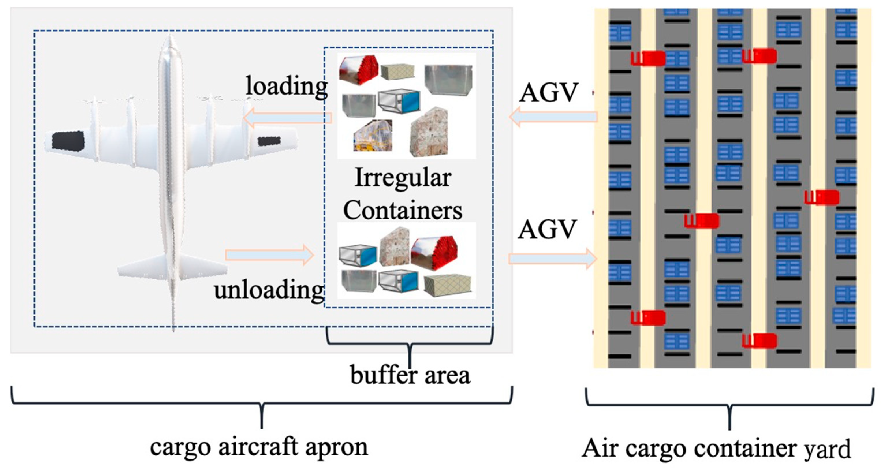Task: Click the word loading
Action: pyautogui.click(x=287, y=86)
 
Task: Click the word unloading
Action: pyautogui.click(x=269, y=290)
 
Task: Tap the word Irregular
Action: pyautogui.click(x=403, y=178)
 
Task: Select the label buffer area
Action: pyautogui.click(x=410, y=375)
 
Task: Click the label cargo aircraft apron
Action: pyautogui.click(x=259, y=447)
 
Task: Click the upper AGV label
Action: pyautogui.click(x=548, y=92)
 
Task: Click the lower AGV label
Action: pyautogui.click(x=547, y=229)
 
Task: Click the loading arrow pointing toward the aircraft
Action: pyautogui.click(x=287, y=118)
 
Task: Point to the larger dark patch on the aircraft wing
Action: pyautogui.click(x=68, y=140)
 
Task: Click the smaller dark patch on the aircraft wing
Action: pyautogui.click(x=269, y=141)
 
